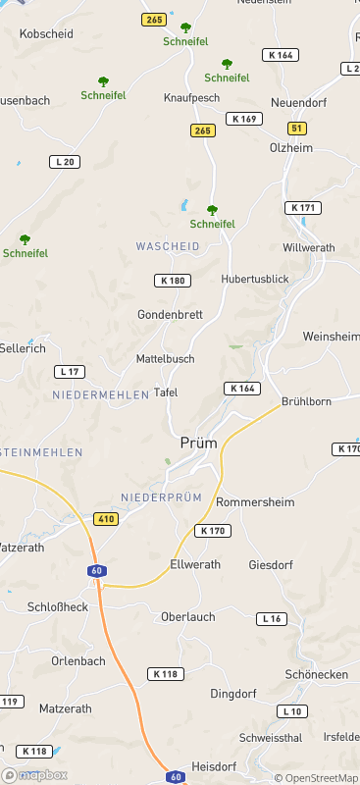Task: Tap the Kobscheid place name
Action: point(47,33)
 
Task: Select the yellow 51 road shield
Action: point(297,129)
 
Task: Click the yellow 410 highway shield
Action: point(106,518)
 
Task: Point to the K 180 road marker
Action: point(171,281)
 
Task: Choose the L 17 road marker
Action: point(70,371)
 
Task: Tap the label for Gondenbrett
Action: point(169,315)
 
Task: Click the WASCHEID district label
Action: point(168,246)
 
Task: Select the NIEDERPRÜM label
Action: point(161,497)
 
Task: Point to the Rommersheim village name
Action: point(255,502)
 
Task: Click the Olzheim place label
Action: point(291,147)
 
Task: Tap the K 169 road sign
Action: point(243,119)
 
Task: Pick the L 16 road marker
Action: point(272,618)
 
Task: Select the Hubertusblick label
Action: point(255,280)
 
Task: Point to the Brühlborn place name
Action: point(306,401)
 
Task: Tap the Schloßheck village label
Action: point(58,607)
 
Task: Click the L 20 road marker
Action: point(65,161)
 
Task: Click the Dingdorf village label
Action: point(234,694)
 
